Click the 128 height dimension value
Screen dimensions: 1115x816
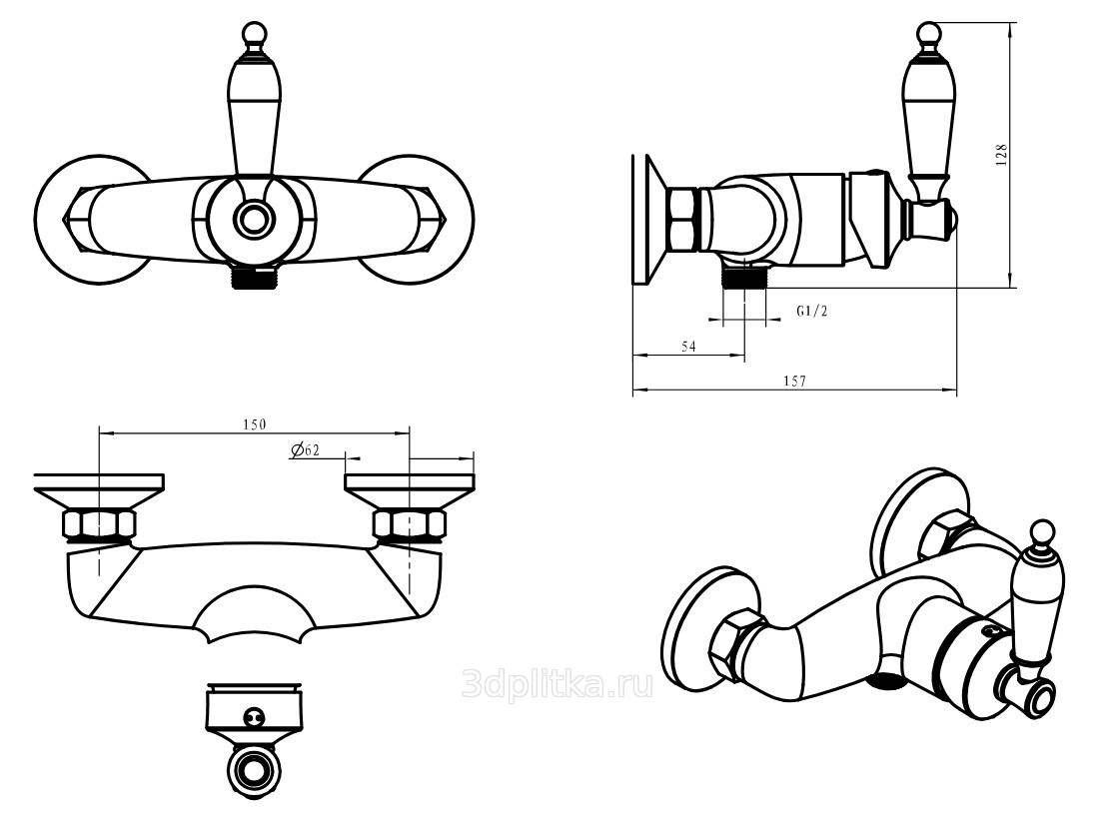click(1002, 155)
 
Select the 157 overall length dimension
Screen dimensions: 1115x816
click(794, 381)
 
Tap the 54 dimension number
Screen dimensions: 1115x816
click(688, 347)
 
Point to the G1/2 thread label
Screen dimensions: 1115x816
click(812, 311)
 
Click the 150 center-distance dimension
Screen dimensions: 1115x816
click(254, 424)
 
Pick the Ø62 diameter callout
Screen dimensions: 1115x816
click(305, 449)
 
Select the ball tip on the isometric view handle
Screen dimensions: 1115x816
click(1041, 530)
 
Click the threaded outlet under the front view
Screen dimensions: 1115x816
click(254, 278)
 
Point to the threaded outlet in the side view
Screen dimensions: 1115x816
click(743, 274)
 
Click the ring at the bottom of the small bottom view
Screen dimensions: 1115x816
click(254, 770)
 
